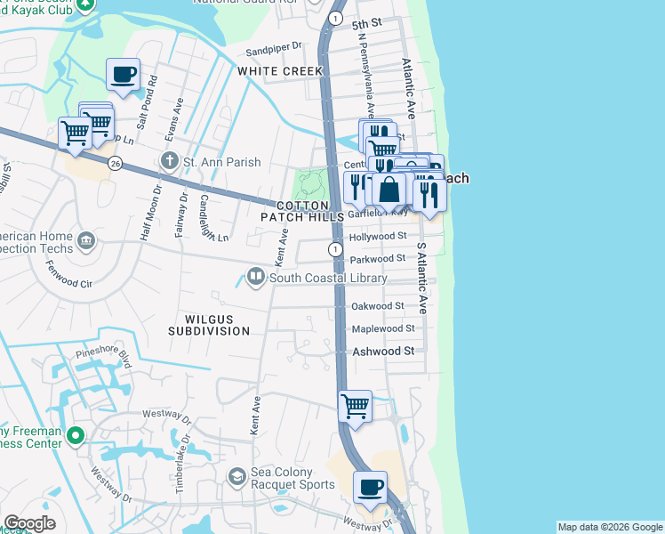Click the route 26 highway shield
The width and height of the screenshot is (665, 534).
[x=115, y=163]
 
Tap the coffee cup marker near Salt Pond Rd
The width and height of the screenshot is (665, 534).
[x=123, y=74]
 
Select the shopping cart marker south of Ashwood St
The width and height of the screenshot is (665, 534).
[x=356, y=406]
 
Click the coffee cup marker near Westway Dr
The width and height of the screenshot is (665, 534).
[x=371, y=487]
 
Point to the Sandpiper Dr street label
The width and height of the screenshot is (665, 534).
[x=275, y=45]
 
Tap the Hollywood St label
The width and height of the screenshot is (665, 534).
[x=378, y=237]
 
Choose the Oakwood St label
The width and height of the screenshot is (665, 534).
[x=378, y=306]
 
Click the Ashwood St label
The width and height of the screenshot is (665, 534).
[x=383, y=352]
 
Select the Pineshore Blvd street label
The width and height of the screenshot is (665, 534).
[x=104, y=357]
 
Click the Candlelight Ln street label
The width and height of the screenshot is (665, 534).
[x=214, y=218]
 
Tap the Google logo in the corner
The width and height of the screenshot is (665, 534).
[x=29, y=523]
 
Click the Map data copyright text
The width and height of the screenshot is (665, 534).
[x=610, y=527]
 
